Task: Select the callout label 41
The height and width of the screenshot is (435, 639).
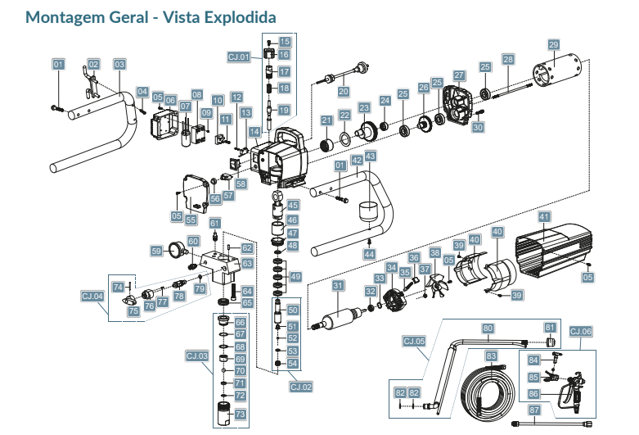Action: pyautogui.click(x=543, y=216)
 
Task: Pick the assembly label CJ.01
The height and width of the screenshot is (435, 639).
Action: pyautogui.click(x=239, y=57)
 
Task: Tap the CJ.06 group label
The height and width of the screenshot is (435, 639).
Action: pyautogui.click(x=580, y=331)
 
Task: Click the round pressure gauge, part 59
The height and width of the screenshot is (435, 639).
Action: pyautogui.click(x=174, y=249)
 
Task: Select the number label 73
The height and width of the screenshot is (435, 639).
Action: pyautogui.click(x=240, y=415)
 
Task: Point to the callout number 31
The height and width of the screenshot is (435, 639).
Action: pyautogui.click(x=337, y=286)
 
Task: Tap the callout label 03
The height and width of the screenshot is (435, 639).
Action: pyautogui.click(x=119, y=64)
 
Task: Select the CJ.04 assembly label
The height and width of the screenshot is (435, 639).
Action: pyautogui.click(x=92, y=296)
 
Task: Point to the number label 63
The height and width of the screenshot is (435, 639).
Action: pyautogui.click(x=247, y=264)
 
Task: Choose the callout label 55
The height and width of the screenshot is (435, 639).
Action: pyautogui.click(x=191, y=220)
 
